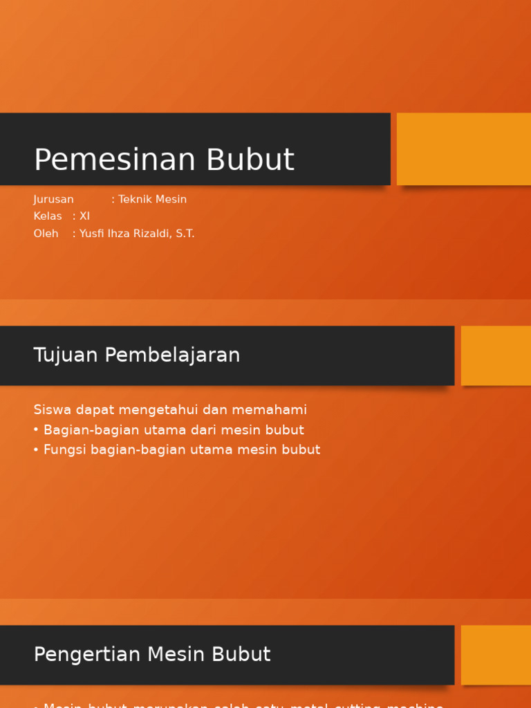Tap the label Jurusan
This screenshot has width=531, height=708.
pos(53,199)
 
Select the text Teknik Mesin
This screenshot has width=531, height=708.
pos(152,199)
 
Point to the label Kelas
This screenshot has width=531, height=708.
pos(48,216)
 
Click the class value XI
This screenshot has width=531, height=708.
pos(84,216)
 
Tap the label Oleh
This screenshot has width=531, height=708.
pos(46,233)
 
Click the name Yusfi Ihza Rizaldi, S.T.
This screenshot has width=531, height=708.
pos(137,233)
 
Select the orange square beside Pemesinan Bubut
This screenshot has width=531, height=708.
pos(463,149)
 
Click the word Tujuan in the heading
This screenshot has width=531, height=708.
pos(66,355)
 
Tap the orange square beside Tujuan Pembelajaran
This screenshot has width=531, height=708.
pos(496,355)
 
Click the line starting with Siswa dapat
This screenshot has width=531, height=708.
pos(170,409)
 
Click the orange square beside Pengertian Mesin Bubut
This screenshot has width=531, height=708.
pos(496,655)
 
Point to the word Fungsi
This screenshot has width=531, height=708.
pos(66,449)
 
